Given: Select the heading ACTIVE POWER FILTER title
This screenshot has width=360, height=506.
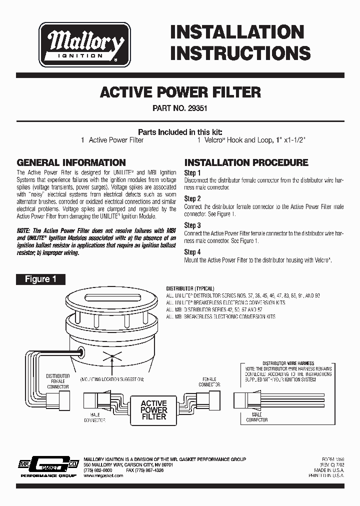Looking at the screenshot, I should click(180, 92).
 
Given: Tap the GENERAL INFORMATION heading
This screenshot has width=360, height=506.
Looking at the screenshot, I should click(71, 162).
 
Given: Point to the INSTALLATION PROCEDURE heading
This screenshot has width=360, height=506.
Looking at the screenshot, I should click(246, 162).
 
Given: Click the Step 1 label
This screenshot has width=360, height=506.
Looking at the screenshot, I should click(192, 172).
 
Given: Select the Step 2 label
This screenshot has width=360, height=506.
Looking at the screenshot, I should click(192, 198).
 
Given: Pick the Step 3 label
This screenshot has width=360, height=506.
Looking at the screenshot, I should click(192, 225).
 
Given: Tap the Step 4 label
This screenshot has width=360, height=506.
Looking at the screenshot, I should click(192, 252).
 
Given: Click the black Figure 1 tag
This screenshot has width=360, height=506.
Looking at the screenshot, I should click(40, 279).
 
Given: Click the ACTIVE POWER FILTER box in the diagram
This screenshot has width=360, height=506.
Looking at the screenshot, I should click(154, 409).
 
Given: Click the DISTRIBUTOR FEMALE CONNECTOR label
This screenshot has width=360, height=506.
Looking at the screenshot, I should click(58, 380).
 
